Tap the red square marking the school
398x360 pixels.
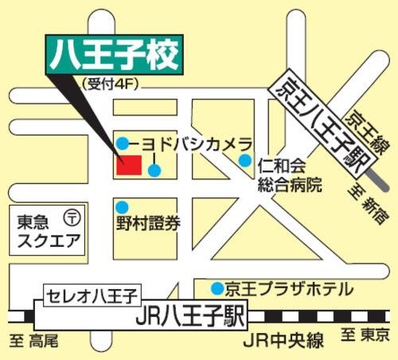[x=129, y=164]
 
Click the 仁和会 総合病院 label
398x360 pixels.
[x=289, y=176]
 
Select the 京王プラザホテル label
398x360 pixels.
[x=287, y=288]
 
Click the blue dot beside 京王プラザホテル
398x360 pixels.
[x=217, y=287]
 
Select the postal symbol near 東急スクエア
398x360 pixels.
[x=73, y=216]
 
